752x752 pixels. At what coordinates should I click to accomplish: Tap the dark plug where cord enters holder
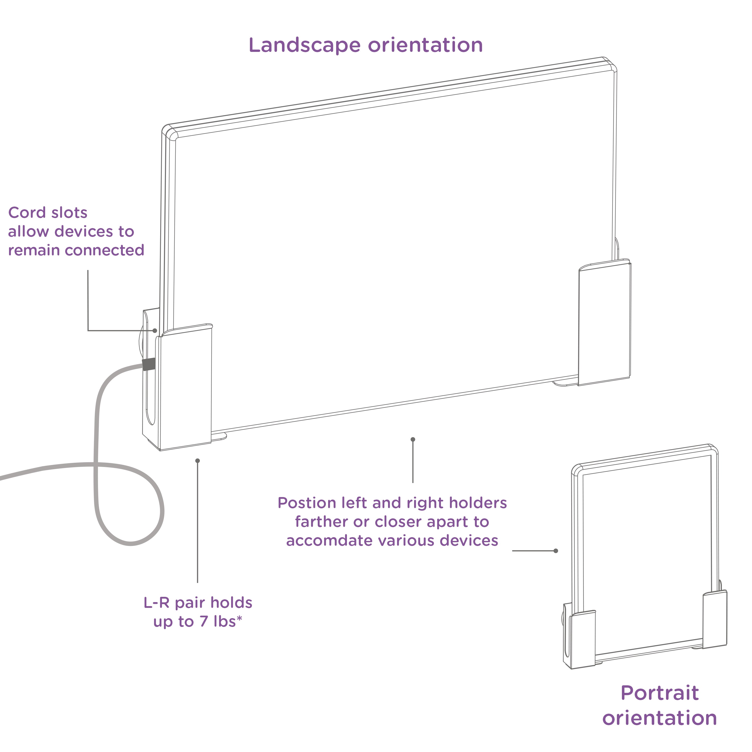click(x=149, y=364)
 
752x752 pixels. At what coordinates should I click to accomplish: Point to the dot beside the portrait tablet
click(x=556, y=551)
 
